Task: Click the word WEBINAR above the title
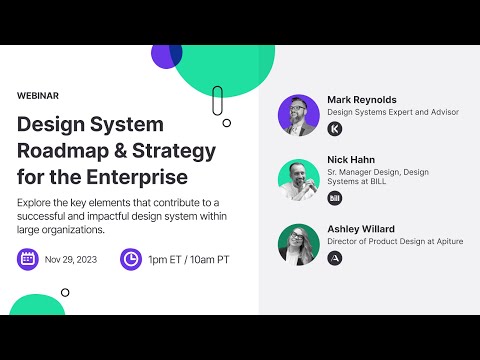[38, 96]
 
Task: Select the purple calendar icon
[29, 260]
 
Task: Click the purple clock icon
[130, 260]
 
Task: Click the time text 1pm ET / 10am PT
[188, 260]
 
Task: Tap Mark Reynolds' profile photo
[298, 115]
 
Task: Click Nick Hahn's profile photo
[298, 179]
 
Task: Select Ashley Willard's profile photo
[298, 243]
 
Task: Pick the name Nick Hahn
[352, 160]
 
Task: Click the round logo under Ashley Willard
[335, 258]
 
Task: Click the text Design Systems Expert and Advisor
[393, 113]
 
